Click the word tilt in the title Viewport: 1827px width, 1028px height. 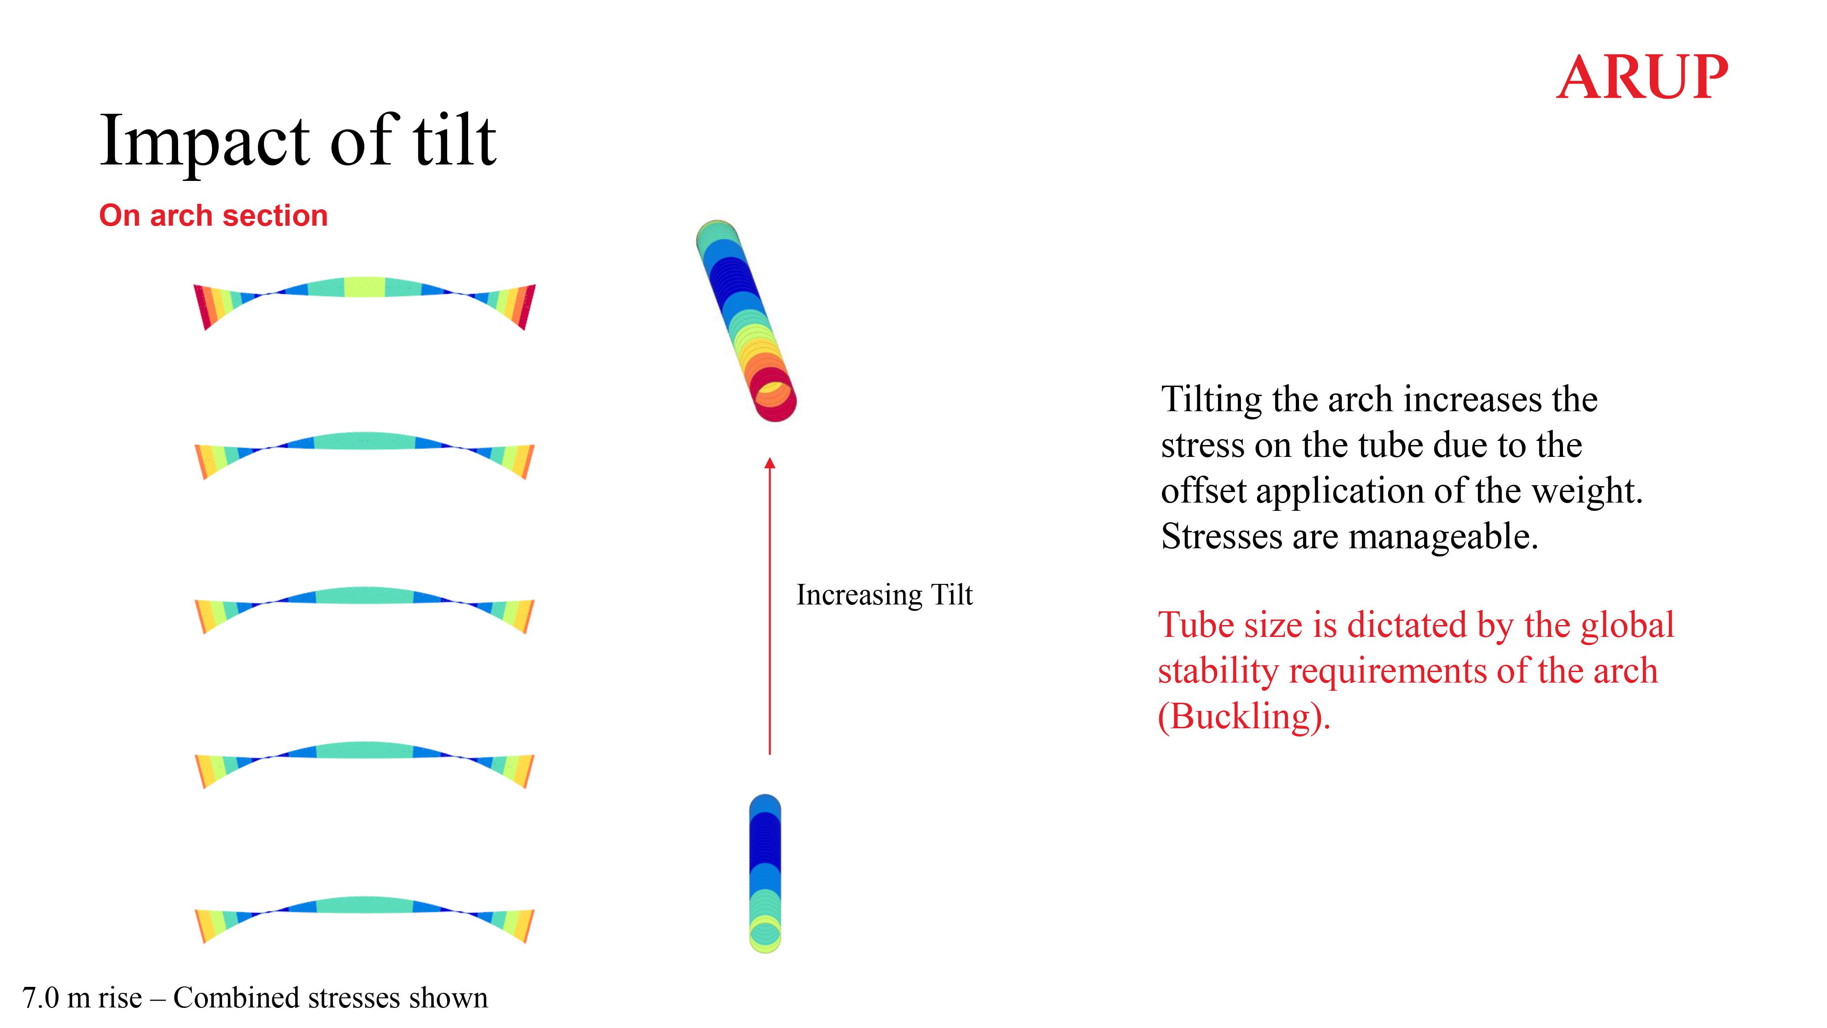tap(454, 140)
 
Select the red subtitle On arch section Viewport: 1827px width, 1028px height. tap(213, 216)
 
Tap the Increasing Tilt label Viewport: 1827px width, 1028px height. tap(884, 594)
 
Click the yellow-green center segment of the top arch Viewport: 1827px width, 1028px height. tap(364, 286)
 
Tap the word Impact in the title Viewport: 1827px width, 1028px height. tap(206, 140)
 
